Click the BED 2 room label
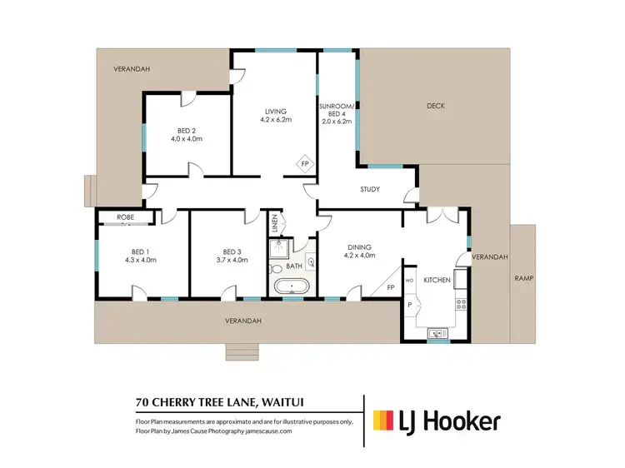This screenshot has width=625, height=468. click(x=187, y=131)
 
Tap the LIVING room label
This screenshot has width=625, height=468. click(x=276, y=112)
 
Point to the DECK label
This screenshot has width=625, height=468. click(x=436, y=106)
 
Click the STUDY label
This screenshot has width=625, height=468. click(x=370, y=189)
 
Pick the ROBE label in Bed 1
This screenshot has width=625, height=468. click(x=126, y=217)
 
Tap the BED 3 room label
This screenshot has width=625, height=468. click(x=231, y=251)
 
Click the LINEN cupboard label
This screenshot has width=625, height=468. click(x=274, y=224)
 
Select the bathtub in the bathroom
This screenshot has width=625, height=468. click(x=292, y=289)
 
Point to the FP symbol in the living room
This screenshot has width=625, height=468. click(x=304, y=164)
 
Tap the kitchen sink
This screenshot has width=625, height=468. click(x=436, y=334)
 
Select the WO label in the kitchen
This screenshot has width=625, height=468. click(x=410, y=281)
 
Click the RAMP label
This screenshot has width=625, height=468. click(x=523, y=277)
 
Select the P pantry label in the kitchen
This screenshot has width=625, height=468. click(x=409, y=306)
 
